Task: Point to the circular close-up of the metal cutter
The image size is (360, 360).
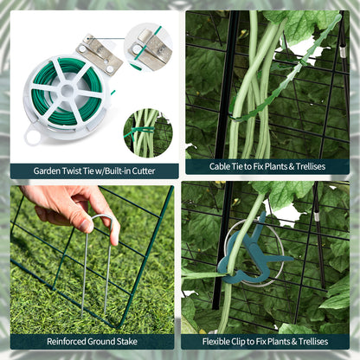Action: click(x=148, y=46)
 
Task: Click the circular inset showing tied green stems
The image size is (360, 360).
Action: click(x=147, y=132)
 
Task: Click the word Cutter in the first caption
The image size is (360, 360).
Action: click(x=139, y=170)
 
